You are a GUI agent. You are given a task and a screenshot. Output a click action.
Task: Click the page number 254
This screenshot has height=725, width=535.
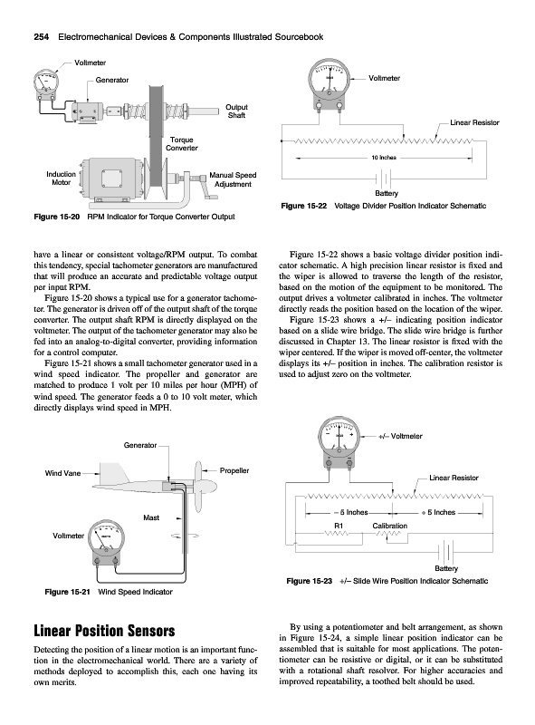click(x=42, y=37)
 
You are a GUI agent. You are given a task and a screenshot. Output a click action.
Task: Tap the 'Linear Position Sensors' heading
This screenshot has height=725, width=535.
click(x=104, y=631)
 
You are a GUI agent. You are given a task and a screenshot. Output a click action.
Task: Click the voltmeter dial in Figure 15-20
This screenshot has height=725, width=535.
click(x=46, y=83)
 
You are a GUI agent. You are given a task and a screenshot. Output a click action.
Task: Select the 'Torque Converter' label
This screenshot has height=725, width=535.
click(x=182, y=144)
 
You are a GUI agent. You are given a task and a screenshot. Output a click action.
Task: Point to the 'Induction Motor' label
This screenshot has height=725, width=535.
click(x=61, y=179)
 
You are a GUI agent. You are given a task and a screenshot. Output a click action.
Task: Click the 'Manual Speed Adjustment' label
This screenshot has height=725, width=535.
click(x=233, y=179)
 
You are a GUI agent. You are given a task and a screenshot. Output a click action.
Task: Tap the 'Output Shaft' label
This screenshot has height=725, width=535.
click(x=236, y=111)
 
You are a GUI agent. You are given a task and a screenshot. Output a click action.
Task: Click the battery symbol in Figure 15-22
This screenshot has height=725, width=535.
click(x=385, y=179)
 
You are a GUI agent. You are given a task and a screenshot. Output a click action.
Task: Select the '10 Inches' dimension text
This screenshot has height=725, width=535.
click(x=384, y=158)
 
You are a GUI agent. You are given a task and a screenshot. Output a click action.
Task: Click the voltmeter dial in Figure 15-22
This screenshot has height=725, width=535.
click(x=330, y=79)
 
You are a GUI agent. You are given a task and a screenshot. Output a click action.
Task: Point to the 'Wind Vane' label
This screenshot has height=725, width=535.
click(x=62, y=473)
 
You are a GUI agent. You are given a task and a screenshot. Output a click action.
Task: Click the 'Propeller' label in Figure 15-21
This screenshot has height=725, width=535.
click(x=234, y=470)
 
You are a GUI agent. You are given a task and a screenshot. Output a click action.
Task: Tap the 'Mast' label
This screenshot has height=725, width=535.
click(x=151, y=517)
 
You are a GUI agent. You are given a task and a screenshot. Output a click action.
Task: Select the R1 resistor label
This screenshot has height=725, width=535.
click(x=339, y=526)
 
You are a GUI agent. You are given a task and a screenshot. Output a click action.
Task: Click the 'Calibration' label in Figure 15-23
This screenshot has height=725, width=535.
click(x=390, y=526)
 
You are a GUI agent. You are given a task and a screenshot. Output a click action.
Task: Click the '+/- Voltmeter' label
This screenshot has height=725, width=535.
click(x=400, y=436)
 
